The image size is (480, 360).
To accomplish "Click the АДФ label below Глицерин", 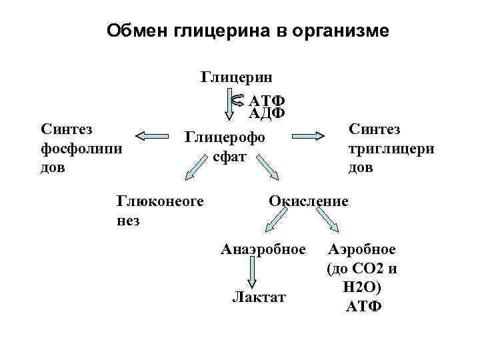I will point(267,113).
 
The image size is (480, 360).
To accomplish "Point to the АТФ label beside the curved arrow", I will point(267,101).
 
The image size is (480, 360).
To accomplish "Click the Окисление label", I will point(308,200).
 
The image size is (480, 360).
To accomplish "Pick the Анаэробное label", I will point(263,250).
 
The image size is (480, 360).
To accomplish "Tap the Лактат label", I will point(259,297).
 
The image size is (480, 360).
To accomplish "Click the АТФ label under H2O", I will point(364,307).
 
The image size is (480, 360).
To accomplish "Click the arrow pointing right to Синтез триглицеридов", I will point(313,135).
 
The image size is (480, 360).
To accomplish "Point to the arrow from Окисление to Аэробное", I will point(329,219).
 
